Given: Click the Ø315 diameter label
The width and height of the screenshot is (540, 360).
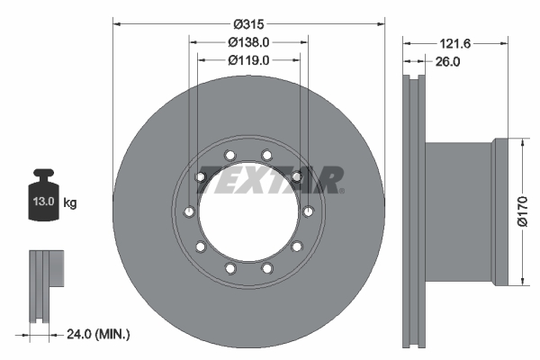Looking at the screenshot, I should pyautogui.click(x=247, y=22).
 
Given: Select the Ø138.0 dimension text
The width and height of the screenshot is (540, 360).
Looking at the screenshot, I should pyautogui.click(x=248, y=41).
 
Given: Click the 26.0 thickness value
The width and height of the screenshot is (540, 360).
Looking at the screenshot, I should pyautogui.click(x=446, y=62).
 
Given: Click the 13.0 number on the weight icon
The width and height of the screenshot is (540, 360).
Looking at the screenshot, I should pyautogui.click(x=42, y=203).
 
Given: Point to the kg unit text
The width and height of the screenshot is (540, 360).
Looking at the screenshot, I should pyautogui.click(x=69, y=203).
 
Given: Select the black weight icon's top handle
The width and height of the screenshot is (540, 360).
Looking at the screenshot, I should pyautogui.click(x=42, y=174).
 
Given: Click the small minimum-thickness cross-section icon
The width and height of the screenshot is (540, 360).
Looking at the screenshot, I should pyautogui.click(x=46, y=283).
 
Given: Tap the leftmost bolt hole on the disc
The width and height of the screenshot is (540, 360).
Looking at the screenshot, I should pyautogui.click(x=188, y=211).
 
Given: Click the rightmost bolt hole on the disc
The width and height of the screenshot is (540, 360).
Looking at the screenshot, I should pyautogui.click(x=308, y=211).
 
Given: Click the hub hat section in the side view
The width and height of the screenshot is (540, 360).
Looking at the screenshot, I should pyautogui.click(x=459, y=212).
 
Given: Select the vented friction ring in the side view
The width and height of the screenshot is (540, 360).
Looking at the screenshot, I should pyautogui.click(x=414, y=212).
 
